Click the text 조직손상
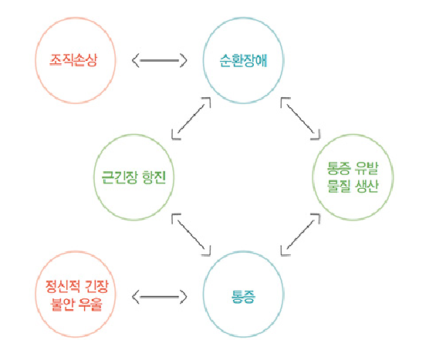73,59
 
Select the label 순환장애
243,60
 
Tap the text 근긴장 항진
134,177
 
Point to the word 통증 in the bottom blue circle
243,296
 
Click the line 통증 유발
353,168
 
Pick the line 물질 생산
353,186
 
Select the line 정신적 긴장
76,287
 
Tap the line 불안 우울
76,304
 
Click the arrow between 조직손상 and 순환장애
159,60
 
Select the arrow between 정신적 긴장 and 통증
159,297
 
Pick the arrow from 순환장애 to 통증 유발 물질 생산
300,119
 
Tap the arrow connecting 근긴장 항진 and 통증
191,234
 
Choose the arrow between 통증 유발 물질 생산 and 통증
300,234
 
